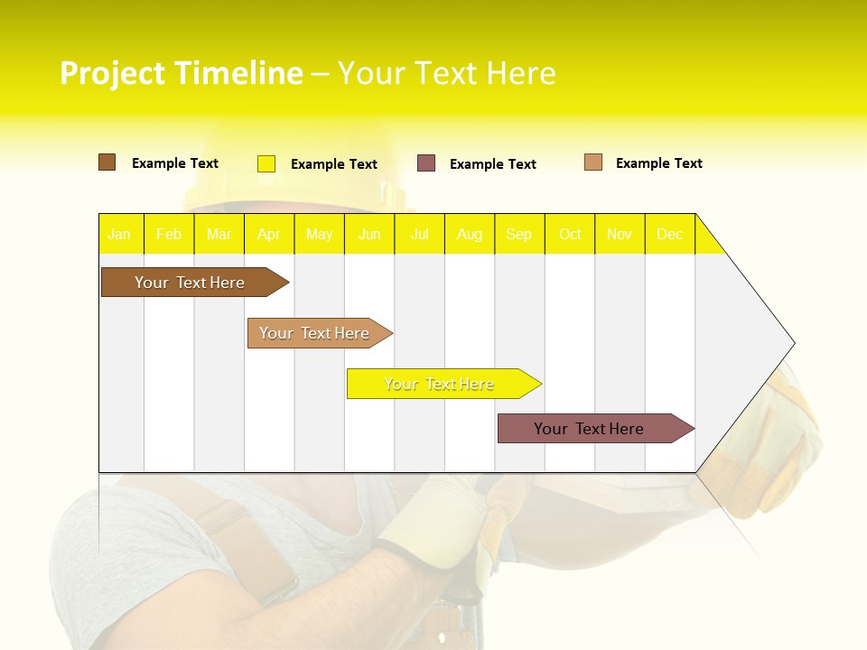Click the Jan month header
click(119, 235)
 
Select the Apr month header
click(269, 235)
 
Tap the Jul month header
click(419, 235)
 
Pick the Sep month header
click(518, 235)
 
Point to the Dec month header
click(669, 235)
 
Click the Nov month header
click(620, 235)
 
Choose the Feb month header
click(169, 235)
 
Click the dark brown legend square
click(107, 162)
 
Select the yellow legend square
click(266, 163)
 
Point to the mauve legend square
click(426, 163)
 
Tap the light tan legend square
click(593, 162)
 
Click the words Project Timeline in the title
click(181, 73)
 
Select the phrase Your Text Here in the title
click(446, 73)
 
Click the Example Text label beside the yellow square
click(334, 164)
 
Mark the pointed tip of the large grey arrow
click(792, 343)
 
